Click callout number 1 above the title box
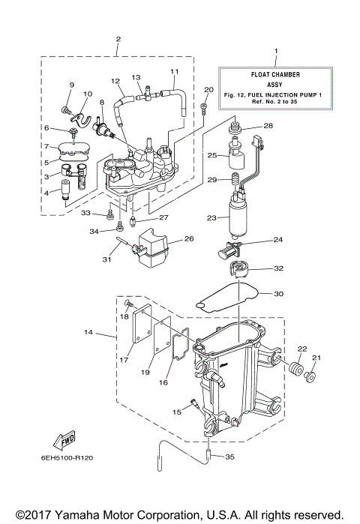pos(275,51)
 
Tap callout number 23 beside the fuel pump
pos(211,218)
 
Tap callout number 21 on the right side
pos(316,357)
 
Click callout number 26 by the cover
pos(189,240)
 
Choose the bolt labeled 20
pos(204,109)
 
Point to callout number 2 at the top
pos(118,37)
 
